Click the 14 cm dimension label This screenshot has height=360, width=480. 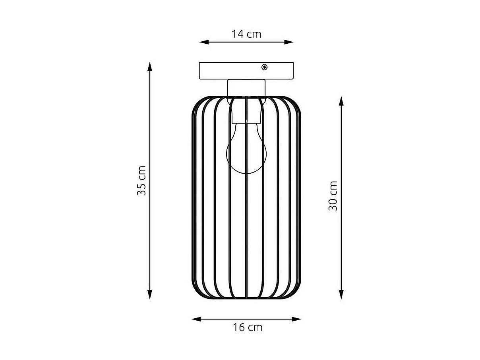pyautogui.click(x=246, y=34)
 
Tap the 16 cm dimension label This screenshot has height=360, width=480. pyautogui.click(x=247, y=328)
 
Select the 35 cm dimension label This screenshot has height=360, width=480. pyautogui.click(x=142, y=180)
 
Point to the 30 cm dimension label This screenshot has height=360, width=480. pyautogui.click(x=333, y=196)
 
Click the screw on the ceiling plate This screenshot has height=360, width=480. pyautogui.click(x=264, y=67)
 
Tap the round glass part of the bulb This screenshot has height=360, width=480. pyautogui.click(x=246, y=153)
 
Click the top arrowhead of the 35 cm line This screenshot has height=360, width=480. pyautogui.click(x=150, y=66)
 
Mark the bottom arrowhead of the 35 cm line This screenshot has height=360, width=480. pyautogui.click(x=150, y=295)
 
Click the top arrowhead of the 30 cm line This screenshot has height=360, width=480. pyautogui.click(x=341, y=100)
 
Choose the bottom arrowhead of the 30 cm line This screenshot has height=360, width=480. pyautogui.click(x=341, y=295)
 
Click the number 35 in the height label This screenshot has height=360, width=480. pyautogui.click(x=142, y=189)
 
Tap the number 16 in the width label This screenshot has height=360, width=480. pyautogui.click(x=238, y=328)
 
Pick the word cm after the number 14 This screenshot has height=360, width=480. pyautogui.click(x=254, y=34)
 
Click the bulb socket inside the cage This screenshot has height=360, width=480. pyautogui.click(x=246, y=111)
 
